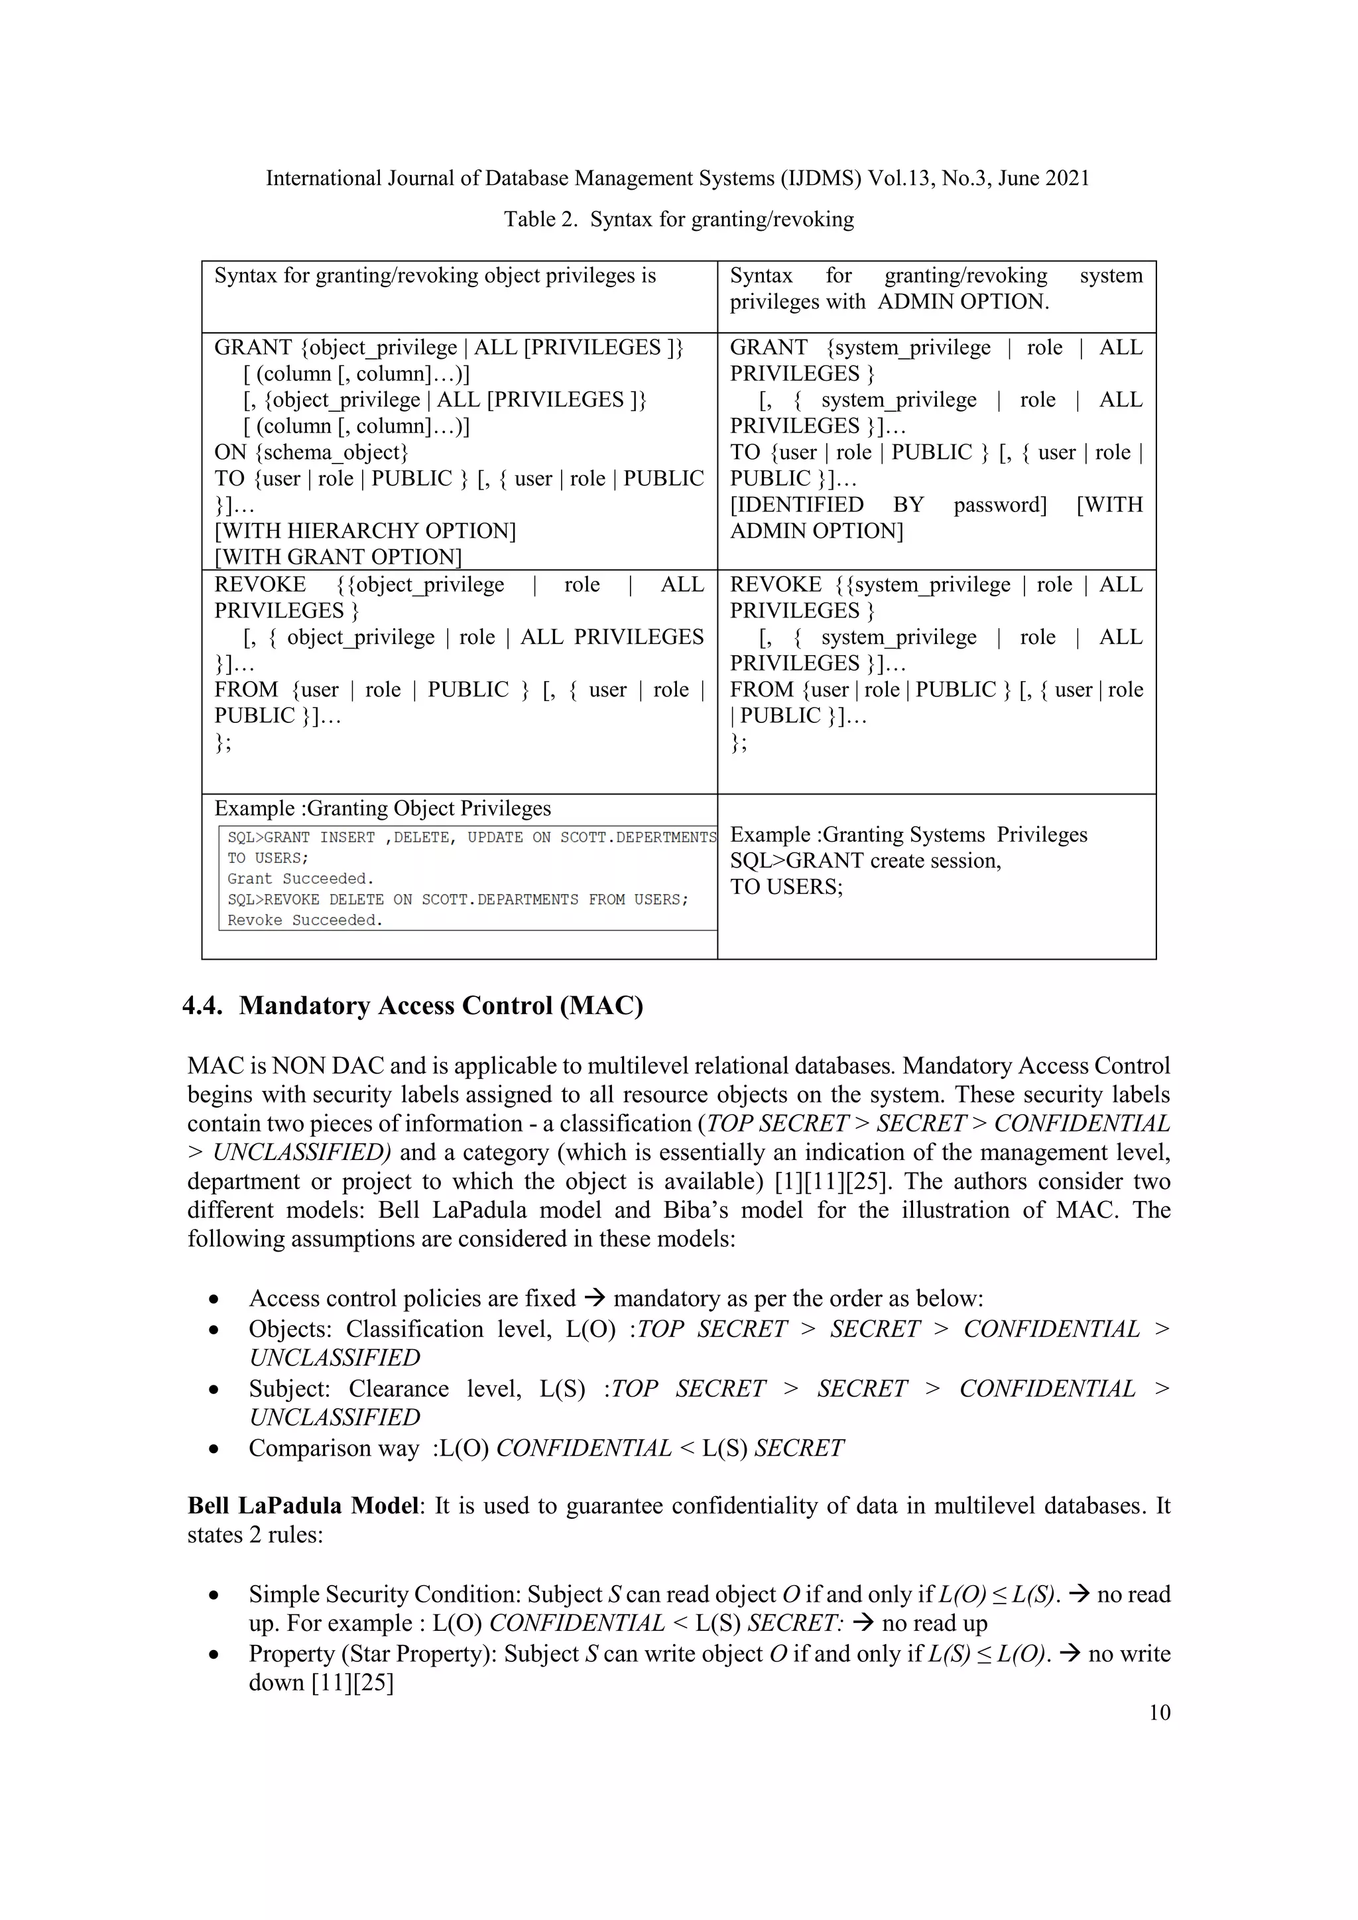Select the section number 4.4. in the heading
pos(202,1005)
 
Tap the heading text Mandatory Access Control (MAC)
pos(441,1005)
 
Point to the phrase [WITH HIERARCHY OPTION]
pos(365,531)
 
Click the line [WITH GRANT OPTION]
pos(338,557)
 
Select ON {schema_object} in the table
pos(311,452)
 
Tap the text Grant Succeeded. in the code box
pos(300,879)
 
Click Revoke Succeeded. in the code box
pos(304,921)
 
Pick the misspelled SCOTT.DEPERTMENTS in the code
pos(638,837)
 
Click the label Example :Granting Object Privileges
pos(382,808)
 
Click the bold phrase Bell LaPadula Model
pos(302,1506)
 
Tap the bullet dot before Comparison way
pos(215,1449)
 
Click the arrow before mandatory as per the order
pos(593,1299)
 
